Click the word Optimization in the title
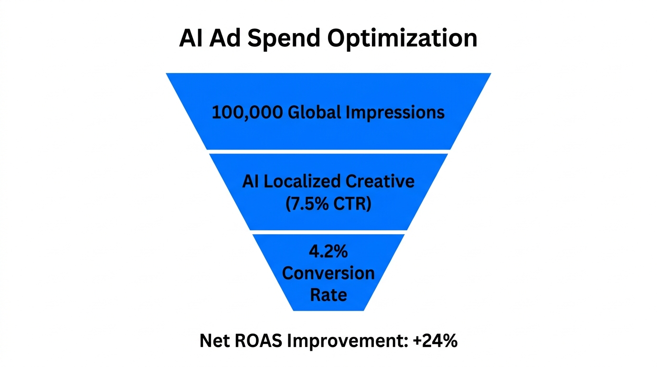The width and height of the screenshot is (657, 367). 403,38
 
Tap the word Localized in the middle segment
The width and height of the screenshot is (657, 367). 303,182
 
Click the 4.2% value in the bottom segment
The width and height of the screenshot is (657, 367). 328,252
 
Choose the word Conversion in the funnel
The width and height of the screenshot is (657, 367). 328,273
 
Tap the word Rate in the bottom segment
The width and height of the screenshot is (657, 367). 328,294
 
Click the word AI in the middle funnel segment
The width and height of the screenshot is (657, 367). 251,182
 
